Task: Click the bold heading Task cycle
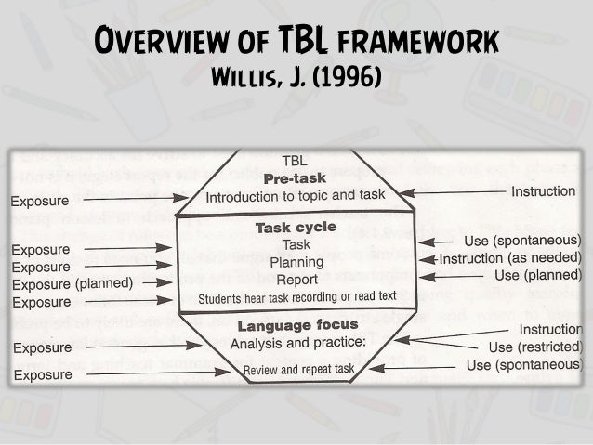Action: (x=295, y=228)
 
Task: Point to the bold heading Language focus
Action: (x=297, y=325)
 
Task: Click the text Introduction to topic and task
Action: (x=295, y=197)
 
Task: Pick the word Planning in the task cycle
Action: (x=296, y=262)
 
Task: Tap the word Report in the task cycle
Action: (x=296, y=279)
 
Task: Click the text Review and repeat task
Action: (x=298, y=370)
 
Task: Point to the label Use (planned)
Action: (x=538, y=276)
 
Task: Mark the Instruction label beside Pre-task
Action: (x=544, y=191)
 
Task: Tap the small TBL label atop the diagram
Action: (x=295, y=160)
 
